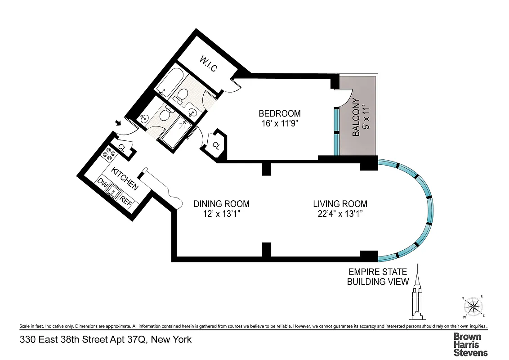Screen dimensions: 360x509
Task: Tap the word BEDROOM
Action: [279, 113]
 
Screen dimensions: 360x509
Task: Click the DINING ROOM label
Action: [221, 204]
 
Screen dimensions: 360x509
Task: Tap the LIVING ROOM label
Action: [340, 204]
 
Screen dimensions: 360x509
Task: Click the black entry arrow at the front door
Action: [118, 123]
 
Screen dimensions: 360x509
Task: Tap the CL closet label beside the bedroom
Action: [216, 145]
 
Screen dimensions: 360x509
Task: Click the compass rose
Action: [472, 307]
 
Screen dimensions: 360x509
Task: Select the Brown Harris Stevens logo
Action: [470, 344]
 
